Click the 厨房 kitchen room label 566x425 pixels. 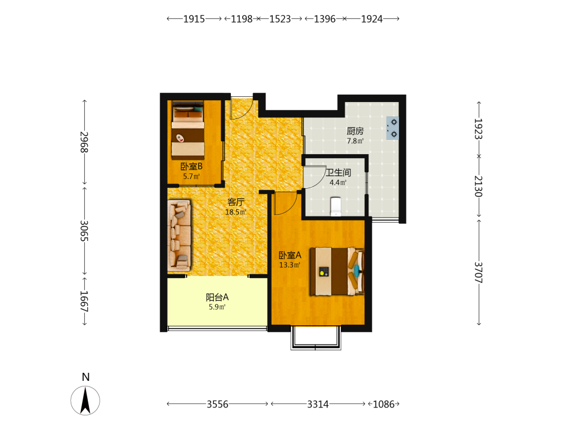pyautogui.click(x=355, y=131)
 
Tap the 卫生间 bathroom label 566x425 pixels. pyautogui.click(x=338, y=173)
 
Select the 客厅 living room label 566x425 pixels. pyautogui.click(x=235, y=202)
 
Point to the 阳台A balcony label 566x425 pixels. pyautogui.click(x=217, y=297)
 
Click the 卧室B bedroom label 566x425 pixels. pyautogui.click(x=191, y=167)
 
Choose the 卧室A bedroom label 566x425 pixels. pyautogui.click(x=290, y=256)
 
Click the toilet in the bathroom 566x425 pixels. pyautogui.click(x=336, y=206)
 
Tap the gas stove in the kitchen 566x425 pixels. pyautogui.click(x=392, y=128)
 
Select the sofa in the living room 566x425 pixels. pyautogui.click(x=179, y=235)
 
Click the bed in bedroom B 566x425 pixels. pyautogui.click(x=188, y=130)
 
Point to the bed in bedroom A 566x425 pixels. pyautogui.click(x=337, y=271)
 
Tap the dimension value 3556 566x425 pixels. pyautogui.click(x=217, y=404)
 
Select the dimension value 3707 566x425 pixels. pyautogui.click(x=478, y=273)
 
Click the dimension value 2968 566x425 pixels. pyautogui.click(x=84, y=142)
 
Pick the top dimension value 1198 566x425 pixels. pyautogui.click(x=242, y=19)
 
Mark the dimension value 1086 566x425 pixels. pyautogui.click(x=383, y=404)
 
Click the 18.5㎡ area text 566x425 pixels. pyautogui.click(x=235, y=212)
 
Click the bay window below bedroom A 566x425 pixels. pyautogui.click(x=316, y=338)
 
